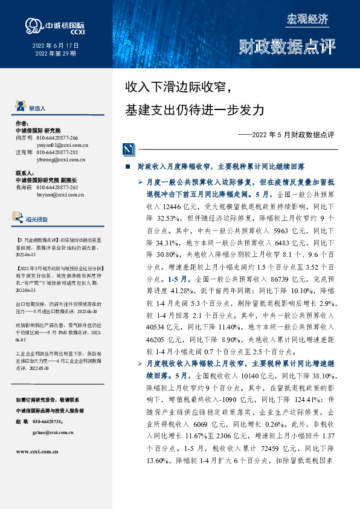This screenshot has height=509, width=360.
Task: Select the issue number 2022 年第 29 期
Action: (x=55, y=54)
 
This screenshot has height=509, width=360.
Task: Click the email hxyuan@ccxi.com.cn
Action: (x=61, y=195)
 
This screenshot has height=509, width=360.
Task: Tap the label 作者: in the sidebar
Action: (x=21, y=123)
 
